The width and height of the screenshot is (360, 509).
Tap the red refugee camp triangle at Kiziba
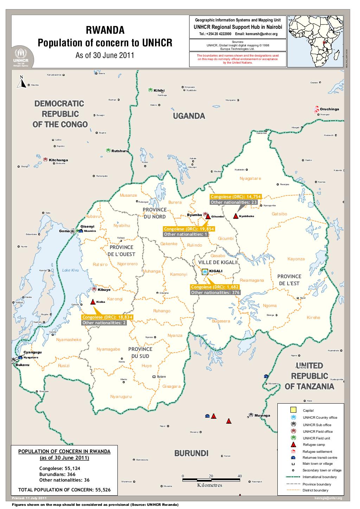tap(93, 302)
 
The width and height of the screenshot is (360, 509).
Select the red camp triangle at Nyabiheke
tap(235, 216)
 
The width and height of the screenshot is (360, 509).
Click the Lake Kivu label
tap(71, 270)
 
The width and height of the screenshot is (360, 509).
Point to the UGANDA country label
tap(189, 116)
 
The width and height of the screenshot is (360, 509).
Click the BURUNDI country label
tap(191, 453)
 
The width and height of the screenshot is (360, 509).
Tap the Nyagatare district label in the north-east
tap(250, 178)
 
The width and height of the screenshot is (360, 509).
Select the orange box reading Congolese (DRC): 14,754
tap(235, 197)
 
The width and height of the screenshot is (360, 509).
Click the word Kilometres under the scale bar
tap(210, 485)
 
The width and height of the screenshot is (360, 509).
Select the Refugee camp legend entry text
tap(311, 445)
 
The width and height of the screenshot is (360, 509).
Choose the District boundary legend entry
tap(315, 490)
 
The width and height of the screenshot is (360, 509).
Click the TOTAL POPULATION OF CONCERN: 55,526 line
tap(64, 489)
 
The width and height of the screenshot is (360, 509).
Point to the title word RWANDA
tap(105, 31)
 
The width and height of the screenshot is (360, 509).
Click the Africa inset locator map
tap(317, 41)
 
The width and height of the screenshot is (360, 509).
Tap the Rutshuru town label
tap(120, 151)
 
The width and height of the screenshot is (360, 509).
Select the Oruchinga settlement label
tap(329, 109)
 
